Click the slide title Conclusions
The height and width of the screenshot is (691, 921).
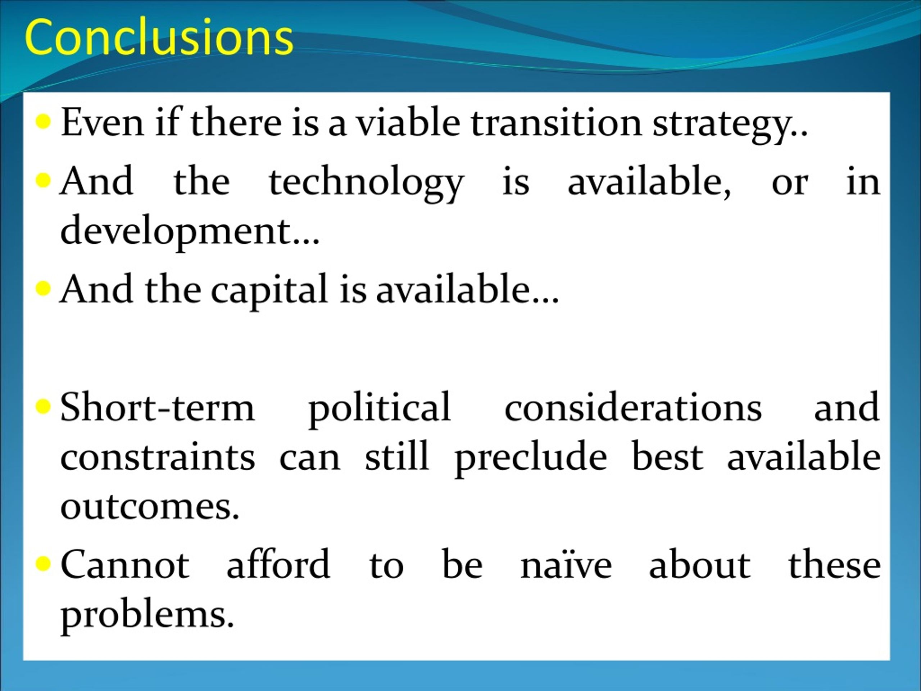point(159,37)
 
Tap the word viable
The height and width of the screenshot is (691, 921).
point(408,122)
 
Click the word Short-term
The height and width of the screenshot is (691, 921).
point(157,407)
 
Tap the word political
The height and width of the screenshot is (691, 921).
point(379,411)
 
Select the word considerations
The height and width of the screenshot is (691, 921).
point(633,407)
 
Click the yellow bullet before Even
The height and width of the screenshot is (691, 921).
point(43,122)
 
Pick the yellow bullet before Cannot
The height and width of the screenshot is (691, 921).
point(43,564)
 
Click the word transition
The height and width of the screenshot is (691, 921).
point(556,122)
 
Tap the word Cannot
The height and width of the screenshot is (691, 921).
point(125,564)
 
